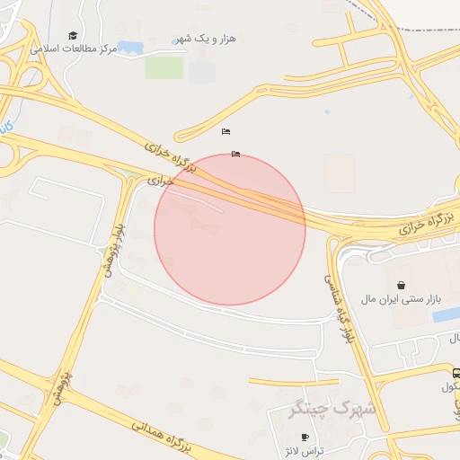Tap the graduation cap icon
point(73,35)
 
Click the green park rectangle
point(164,67)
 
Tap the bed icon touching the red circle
point(235,154)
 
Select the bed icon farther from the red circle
point(226,132)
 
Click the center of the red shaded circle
point(230,229)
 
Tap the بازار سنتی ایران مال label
point(397,297)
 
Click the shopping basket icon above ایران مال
point(401,285)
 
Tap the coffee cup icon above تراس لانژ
point(305,437)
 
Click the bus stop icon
point(456,375)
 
